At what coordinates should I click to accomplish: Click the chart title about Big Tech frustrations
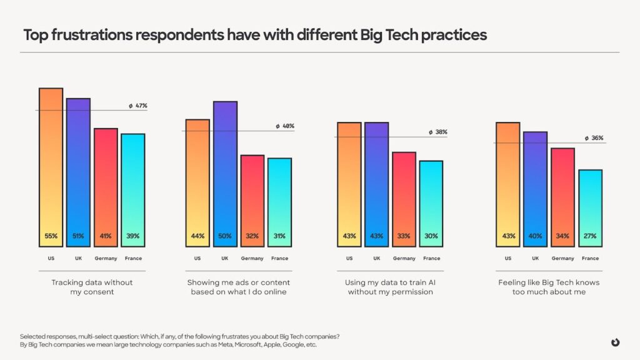255,35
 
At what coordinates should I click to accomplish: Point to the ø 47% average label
138,106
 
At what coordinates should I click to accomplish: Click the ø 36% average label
594,138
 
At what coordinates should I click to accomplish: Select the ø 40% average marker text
284,126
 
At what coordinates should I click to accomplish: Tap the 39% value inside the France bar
132,236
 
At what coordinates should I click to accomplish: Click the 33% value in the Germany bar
404,236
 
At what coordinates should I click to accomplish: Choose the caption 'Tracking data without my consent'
92,287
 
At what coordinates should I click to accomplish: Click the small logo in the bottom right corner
616,342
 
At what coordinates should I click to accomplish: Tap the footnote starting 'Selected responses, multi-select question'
180,336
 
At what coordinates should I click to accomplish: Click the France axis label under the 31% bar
280,259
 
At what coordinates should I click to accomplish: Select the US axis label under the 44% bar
197,259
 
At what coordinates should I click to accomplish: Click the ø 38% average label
437,132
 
